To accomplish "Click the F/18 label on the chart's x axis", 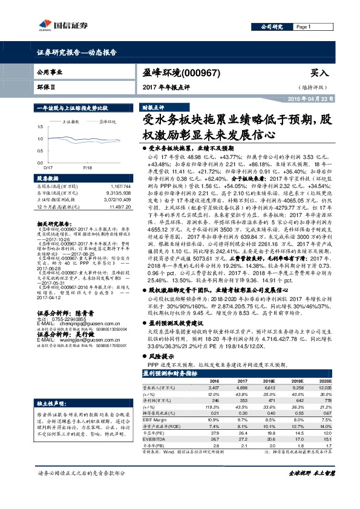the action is click(87, 167).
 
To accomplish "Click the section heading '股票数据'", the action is click(48, 179).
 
